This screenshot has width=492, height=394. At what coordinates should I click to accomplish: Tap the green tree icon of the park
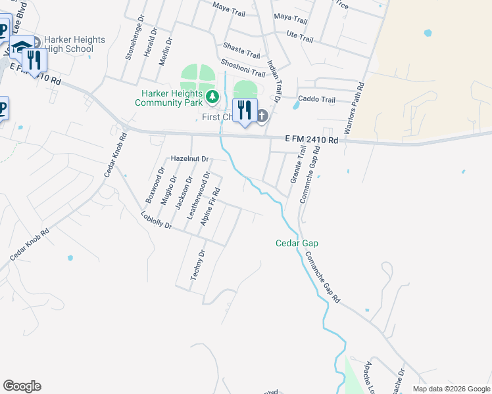tap(212, 98)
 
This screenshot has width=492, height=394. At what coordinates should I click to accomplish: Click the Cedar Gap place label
tap(296, 244)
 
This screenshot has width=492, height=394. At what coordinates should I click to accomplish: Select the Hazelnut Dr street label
tap(189, 159)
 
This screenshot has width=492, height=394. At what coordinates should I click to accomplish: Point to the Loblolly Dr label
tap(157, 221)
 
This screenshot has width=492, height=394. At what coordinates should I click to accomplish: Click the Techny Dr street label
tap(198, 265)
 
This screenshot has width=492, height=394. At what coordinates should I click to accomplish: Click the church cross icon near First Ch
tap(262, 117)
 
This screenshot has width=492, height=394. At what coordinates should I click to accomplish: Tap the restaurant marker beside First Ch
tap(245, 110)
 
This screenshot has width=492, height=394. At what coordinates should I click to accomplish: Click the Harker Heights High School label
tap(74, 44)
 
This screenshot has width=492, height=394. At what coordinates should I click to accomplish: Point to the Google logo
tap(22, 386)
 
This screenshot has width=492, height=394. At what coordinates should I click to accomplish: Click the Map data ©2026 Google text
tap(451, 389)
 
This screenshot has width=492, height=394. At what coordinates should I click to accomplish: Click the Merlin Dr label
tap(169, 49)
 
